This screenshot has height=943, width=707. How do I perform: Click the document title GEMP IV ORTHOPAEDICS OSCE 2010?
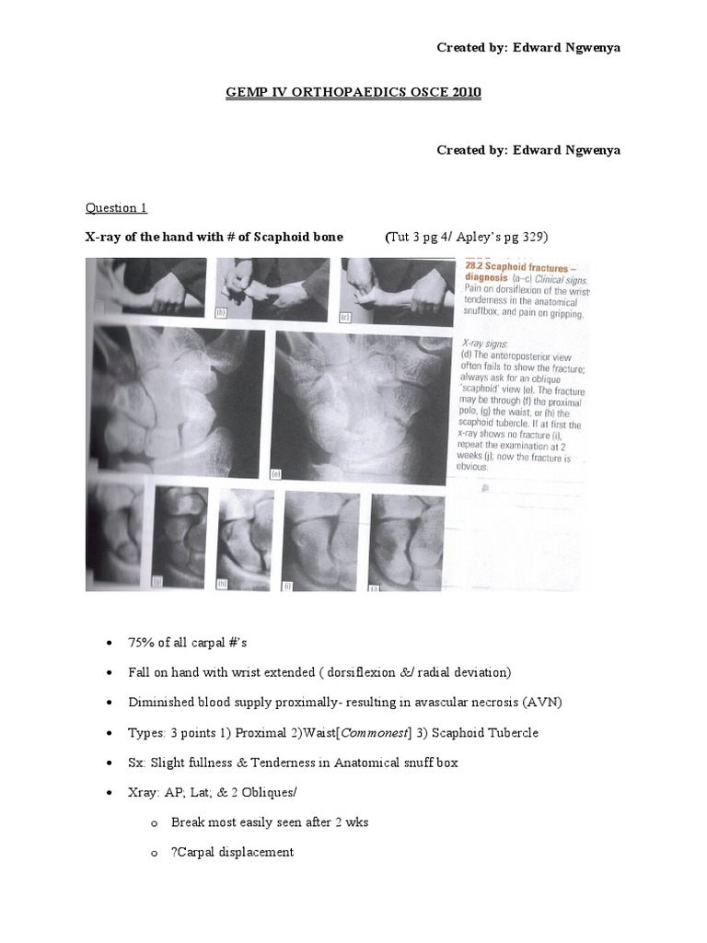354,94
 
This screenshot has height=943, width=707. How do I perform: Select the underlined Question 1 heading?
116,207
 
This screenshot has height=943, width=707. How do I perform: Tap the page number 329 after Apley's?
532,237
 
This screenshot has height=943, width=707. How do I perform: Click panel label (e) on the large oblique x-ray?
274,474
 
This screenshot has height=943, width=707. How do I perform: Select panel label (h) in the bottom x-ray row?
222,583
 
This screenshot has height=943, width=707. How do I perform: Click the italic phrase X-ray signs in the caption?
481,341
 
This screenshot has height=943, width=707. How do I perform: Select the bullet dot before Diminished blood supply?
110,702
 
